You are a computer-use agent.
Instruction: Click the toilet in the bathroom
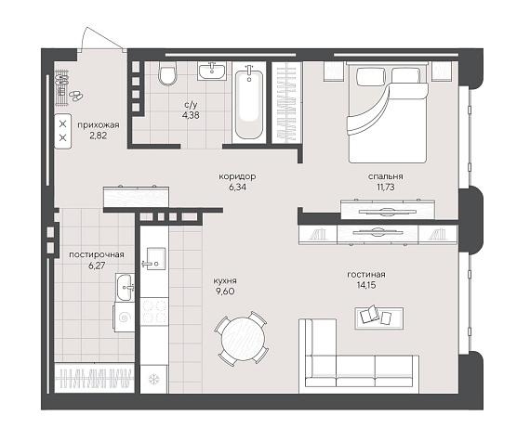point(167,74)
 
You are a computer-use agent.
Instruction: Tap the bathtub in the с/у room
point(249,102)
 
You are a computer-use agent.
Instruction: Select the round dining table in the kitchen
point(243,339)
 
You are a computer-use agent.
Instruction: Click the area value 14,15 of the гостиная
point(366,285)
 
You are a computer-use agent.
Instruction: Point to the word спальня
point(385,176)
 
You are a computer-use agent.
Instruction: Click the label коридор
point(237,176)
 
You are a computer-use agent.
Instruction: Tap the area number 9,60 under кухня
point(225,291)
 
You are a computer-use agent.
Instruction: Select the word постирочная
point(97,254)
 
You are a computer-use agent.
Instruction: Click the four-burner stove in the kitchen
point(154,311)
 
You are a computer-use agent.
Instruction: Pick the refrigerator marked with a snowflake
point(154,379)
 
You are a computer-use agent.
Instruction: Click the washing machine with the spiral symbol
point(124,318)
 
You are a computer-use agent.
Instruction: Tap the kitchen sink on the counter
point(154,259)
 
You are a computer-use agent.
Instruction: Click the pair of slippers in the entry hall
point(76,96)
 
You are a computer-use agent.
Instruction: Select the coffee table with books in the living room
point(379,318)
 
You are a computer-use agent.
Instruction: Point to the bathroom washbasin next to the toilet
point(212,71)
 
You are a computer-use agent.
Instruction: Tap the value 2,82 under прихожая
point(99,136)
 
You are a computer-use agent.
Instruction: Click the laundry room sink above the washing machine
point(125,287)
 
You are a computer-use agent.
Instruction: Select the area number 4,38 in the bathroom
point(191,115)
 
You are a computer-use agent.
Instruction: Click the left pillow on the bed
point(371,76)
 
